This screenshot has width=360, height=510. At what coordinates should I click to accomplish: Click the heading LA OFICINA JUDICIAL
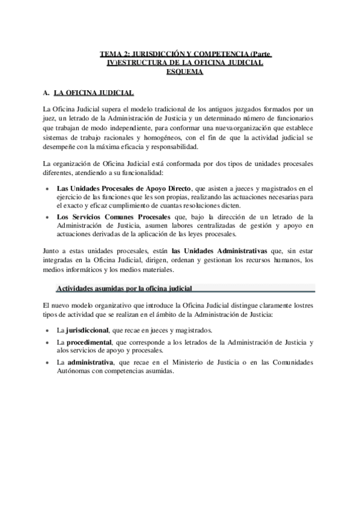point(94,94)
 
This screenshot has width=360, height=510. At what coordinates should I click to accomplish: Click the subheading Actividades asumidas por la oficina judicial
point(124,289)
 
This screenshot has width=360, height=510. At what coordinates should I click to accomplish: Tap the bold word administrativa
point(90,363)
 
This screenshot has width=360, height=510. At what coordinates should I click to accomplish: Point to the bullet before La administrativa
point(48,363)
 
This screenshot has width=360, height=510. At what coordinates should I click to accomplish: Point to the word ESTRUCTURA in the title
point(138,63)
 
